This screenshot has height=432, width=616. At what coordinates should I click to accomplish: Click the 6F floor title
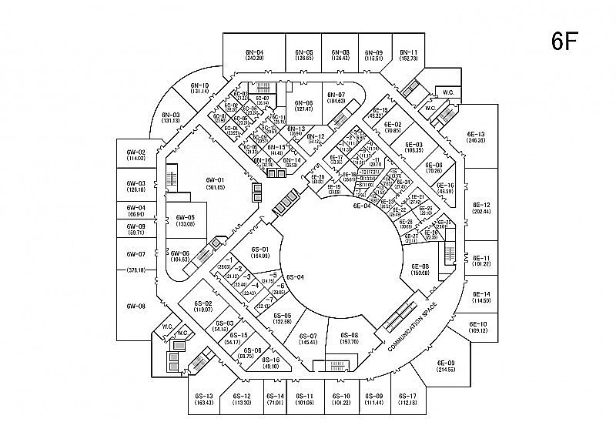564,41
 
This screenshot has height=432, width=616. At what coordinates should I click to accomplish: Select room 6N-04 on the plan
255,55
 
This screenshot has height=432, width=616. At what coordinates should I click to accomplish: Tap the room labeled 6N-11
408,55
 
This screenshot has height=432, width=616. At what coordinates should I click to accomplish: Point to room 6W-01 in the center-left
215,183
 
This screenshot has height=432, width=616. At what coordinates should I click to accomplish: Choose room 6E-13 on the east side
476,137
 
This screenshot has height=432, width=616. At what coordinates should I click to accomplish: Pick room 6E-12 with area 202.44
481,207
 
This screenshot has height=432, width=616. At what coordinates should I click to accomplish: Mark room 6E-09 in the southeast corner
446,366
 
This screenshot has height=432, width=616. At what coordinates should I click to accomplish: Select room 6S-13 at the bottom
203,399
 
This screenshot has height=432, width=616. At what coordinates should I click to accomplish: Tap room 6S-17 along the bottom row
408,399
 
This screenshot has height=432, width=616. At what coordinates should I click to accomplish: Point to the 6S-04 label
296,276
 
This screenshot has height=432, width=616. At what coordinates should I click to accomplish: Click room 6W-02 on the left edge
136,155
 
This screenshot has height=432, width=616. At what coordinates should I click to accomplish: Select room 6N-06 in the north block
303,106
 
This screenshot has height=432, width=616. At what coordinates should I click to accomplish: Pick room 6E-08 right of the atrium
420,270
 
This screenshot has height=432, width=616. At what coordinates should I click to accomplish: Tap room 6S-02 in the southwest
203,306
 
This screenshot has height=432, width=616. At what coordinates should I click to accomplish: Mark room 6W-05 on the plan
185,220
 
